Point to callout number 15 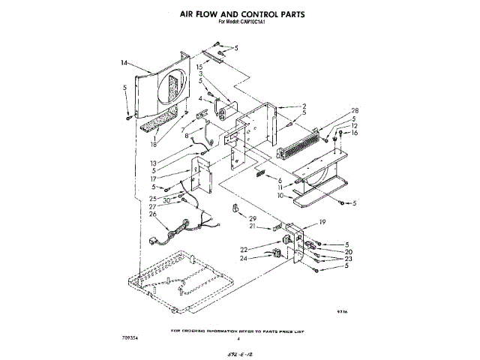tap(199, 67)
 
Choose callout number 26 tap(153, 214)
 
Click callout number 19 tap(322, 223)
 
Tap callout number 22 tap(244, 250)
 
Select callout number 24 tap(244, 259)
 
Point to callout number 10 tap(281, 196)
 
